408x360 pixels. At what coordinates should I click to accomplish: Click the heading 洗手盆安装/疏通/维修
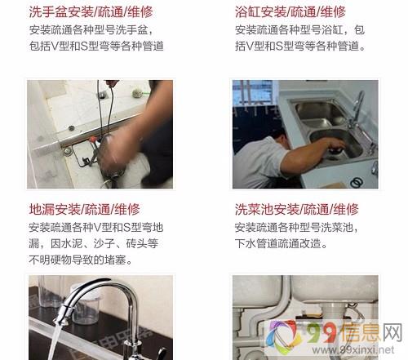(91, 11)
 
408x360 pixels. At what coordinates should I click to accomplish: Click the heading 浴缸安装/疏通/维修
(290, 11)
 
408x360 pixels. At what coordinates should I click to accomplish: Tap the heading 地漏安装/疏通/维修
(84, 209)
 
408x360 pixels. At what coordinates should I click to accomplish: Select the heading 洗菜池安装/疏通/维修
(297, 209)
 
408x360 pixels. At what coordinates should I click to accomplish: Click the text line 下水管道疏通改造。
(281, 243)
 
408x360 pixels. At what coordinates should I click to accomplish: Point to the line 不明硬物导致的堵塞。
(81, 260)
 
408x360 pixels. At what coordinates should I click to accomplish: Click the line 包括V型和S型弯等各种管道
(96, 46)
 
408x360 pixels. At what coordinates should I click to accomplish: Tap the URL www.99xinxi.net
(353, 349)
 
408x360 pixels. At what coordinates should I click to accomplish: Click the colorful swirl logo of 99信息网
(283, 336)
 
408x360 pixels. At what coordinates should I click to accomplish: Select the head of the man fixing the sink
(280, 138)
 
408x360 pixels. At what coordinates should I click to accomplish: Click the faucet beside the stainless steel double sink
(357, 109)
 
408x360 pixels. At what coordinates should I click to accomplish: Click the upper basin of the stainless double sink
(318, 111)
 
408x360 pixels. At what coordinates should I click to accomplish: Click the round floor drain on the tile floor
(72, 127)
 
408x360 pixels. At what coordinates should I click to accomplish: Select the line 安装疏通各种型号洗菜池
(297, 227)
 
